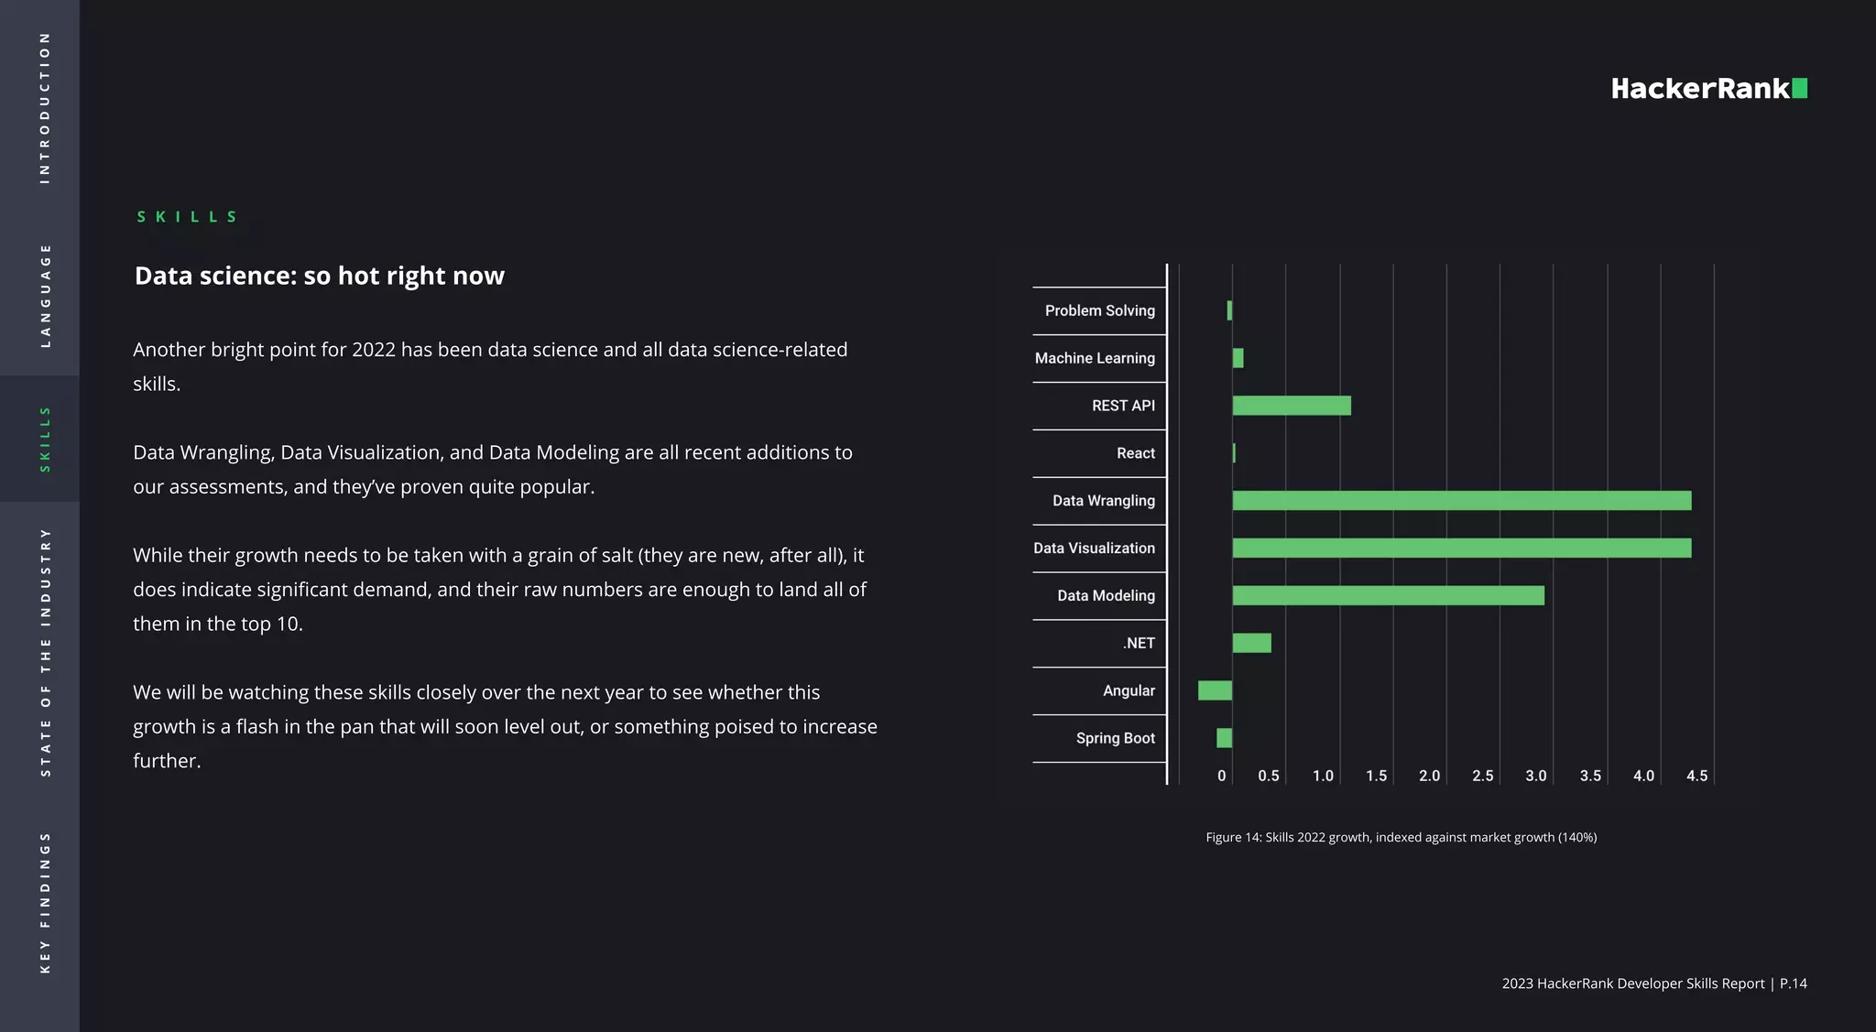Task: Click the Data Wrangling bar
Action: pyautogui.click(x=1461, y=500)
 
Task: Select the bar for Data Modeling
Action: pyautogui.click(x=1388, y=595)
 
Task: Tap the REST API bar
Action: pyautogui.click(x=1292, y=406)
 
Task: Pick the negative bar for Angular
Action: pyautogui.click(x=1215, y=690)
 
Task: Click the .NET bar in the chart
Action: pyautogui.click(x=1251, y=643)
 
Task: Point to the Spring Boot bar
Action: pyautogui.click(x=1224, y=738)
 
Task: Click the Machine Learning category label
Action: pyautogui.click(x=1095, y=358)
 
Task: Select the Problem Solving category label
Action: pyautogui.click(x=1099, y=310)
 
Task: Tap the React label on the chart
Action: pyautogui.click(x=1135, y=453)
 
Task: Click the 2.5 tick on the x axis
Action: pyautogui.click(x=1482, y=776)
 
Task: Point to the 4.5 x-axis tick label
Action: pyautogui.click(x=1696, y=776)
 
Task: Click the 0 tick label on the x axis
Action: pyautogui.click(x=1221, y=776)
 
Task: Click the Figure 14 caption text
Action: pyautogui.click(x=1401, y=837)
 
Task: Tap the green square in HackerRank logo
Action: pyautogui.click(x=1799, y=88)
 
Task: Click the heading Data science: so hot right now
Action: pyautogui.click(x=319, y=276)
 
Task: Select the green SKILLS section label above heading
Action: pyautogui.click(x=187, y=217)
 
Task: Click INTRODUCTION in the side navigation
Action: pyautogui.click(x=45, y=107)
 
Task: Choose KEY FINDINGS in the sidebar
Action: pyautogui.click(x=45, y=902)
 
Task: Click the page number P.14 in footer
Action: pyautogui.click(x=1793, y=983)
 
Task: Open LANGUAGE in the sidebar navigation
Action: pyautogui.click(x=45, y=295)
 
